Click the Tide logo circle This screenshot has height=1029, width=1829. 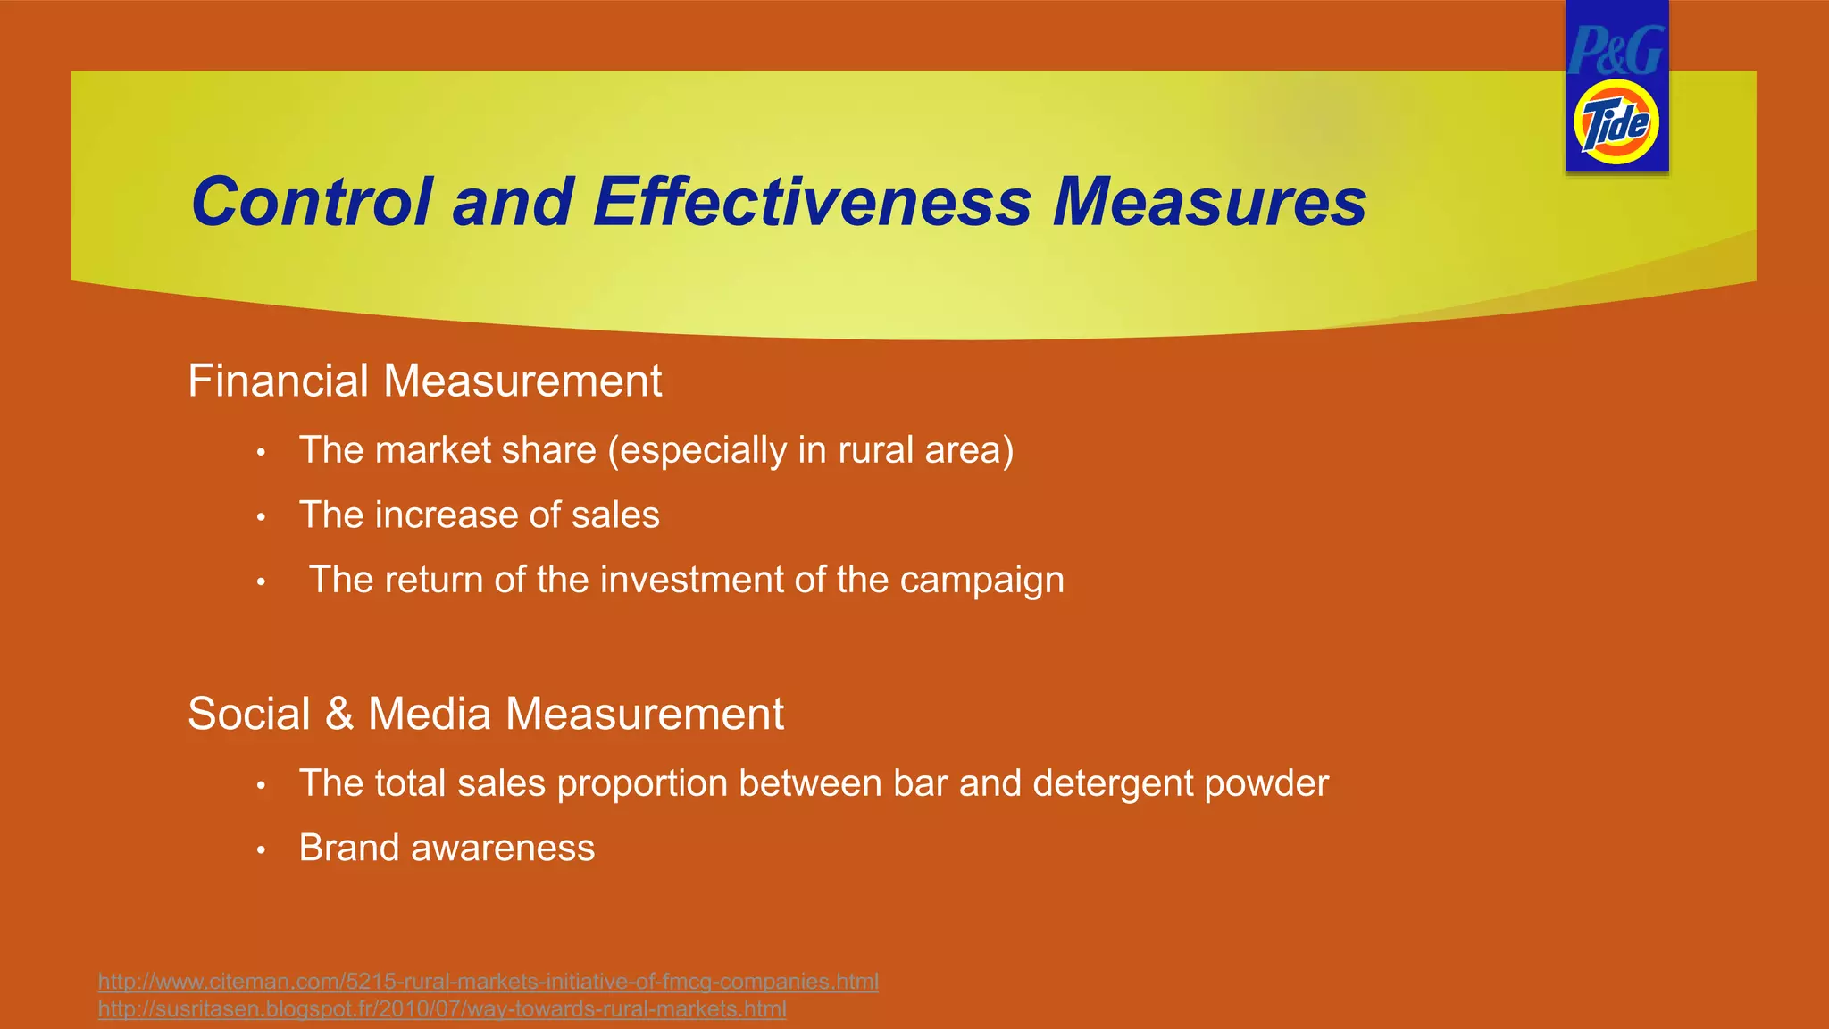tap(1616, 122)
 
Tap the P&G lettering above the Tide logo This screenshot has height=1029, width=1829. tap(1616, 51)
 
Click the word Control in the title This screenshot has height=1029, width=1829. tap(312, 202)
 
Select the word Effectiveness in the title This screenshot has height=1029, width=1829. tap(812, 202)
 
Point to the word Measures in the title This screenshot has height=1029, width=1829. tap(1209, 202)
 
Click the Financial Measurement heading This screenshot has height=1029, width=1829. tap(424, 381)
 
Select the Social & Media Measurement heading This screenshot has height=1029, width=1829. tap(485, 715)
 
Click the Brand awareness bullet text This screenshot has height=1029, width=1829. tap(447, 849)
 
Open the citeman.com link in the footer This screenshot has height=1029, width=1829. tap(488, 982)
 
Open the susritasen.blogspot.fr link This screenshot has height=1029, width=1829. tap(442, 1009)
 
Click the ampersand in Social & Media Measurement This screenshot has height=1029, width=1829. tap(339, 715)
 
